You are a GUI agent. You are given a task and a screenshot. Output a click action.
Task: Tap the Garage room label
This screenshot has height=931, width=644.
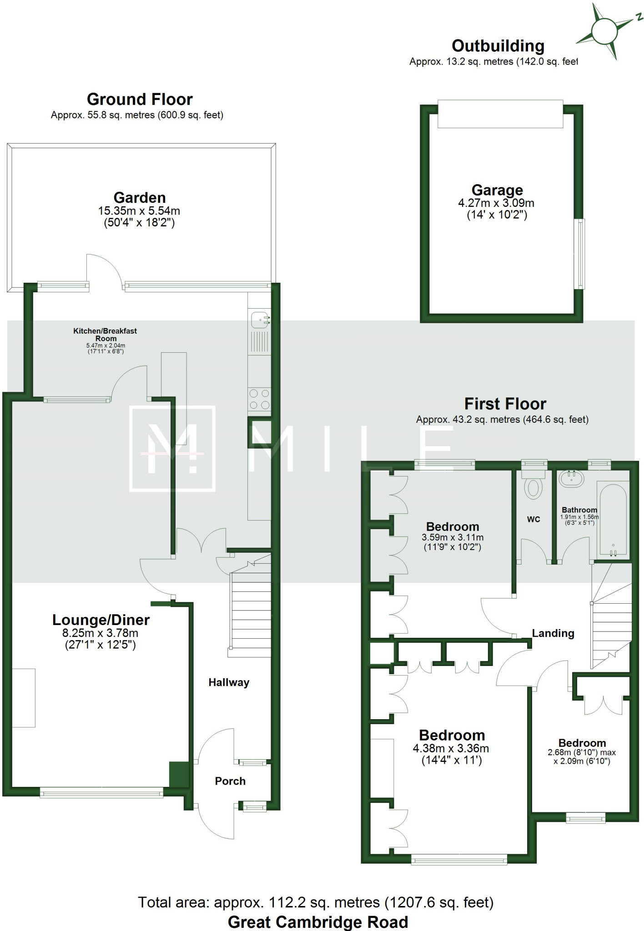(497, 190)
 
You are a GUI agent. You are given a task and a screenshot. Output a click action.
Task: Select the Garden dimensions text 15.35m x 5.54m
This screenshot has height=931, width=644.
(139, 211)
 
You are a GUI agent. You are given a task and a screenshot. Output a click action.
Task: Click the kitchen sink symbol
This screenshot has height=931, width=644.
(260, 320)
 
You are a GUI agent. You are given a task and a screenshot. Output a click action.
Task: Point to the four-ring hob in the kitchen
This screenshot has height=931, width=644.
(259, 399)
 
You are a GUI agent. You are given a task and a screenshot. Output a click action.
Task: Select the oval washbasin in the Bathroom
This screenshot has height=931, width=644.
(571, 479)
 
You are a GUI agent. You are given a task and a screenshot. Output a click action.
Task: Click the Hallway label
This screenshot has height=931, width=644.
(229, 682)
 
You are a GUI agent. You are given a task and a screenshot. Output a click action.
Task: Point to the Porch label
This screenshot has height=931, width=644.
(230, 781)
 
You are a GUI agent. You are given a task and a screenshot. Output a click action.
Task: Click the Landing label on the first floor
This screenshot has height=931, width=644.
(553, 633)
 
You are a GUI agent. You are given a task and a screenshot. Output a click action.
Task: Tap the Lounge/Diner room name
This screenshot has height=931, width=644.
(101, 620)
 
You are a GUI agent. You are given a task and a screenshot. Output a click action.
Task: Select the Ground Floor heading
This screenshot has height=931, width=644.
(140, 99)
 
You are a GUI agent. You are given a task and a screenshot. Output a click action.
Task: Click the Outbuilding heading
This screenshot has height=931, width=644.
(498, 46)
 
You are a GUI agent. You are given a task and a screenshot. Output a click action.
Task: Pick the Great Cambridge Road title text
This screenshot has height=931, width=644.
(318, 922)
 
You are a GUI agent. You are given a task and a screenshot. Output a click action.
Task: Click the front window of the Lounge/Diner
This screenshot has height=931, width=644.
(101, 793)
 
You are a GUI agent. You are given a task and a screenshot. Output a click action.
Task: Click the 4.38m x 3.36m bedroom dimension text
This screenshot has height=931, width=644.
(451, 748)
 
